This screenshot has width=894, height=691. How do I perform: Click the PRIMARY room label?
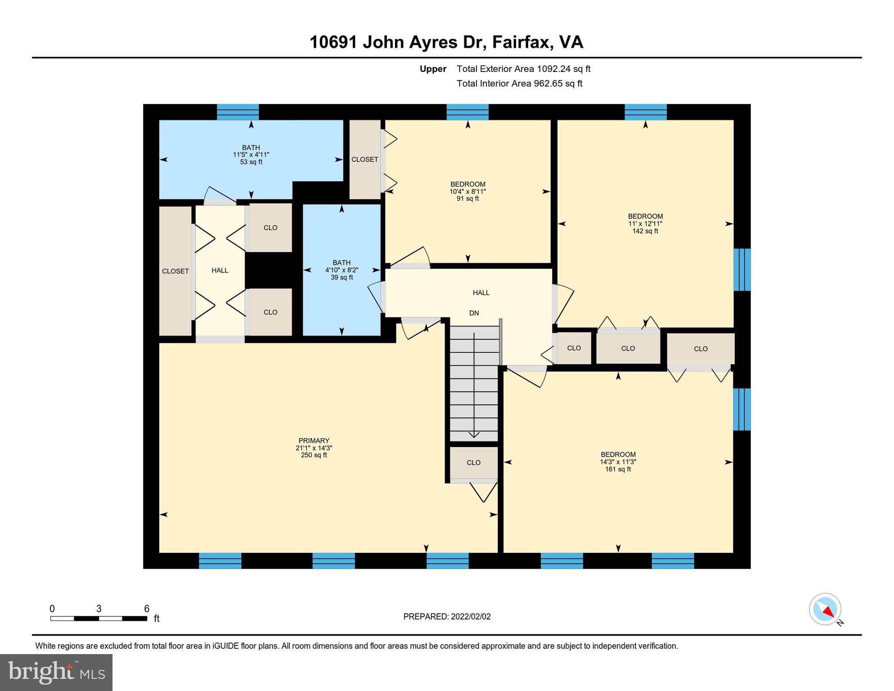point(314,441)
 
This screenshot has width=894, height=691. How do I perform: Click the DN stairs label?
point(474,313)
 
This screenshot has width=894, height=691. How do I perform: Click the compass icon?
point(825,609)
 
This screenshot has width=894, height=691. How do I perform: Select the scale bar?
point(99,619)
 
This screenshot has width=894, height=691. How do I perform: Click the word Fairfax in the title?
point(522,42)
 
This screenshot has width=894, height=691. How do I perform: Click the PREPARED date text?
point(447,617)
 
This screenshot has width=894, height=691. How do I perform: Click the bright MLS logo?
point(56,673)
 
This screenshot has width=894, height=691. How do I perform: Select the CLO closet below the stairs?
point(473,462)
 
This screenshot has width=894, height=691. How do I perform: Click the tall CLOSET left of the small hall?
point(175,271)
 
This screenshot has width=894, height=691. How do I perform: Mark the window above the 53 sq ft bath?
point(238,112)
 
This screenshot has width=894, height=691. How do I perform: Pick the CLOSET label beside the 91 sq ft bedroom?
point(364,160)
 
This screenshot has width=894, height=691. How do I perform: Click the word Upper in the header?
point(433,69)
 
